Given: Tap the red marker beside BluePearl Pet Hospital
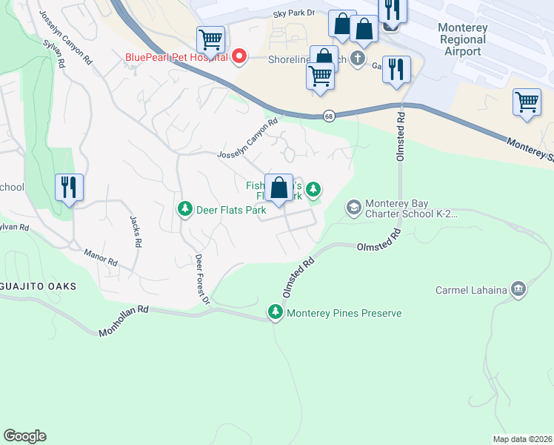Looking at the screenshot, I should (239, 56).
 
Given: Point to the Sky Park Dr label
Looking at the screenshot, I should (294, 13).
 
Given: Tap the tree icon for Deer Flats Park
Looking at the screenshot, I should (184, 210).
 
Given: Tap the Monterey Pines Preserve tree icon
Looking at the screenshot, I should (276, 313).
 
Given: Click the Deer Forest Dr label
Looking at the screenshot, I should (203, 279).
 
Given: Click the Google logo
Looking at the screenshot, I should (24, 436).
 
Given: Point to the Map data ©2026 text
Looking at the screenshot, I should (522, 439).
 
